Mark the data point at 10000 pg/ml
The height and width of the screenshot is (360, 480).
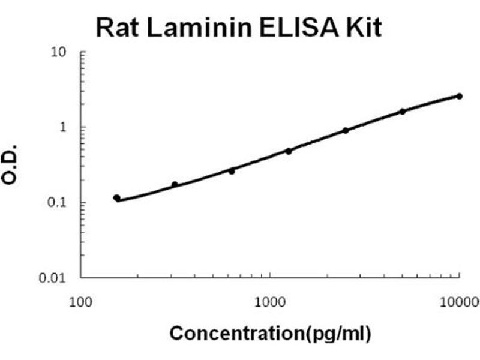coord(459,96)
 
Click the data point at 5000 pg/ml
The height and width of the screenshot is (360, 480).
coord(403,111)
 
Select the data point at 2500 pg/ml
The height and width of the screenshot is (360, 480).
coord(346,130)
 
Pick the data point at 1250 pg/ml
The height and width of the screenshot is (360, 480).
coord(289,151)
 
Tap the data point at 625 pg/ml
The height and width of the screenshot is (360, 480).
coord(232,171)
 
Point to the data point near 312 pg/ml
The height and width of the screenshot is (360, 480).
coord(175,185)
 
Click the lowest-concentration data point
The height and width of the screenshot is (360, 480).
coord(117,198)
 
